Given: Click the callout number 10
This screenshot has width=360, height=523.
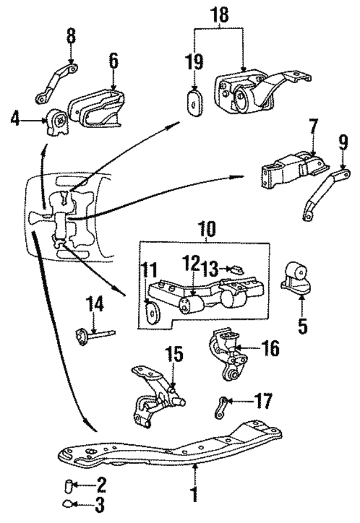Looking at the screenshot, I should coord(206,230).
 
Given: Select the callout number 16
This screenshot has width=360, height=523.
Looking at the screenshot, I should coord(270,349).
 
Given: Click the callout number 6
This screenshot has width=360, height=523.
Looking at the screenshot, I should coord(114,61).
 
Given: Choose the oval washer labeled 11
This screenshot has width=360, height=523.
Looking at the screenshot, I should coord(151,311).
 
